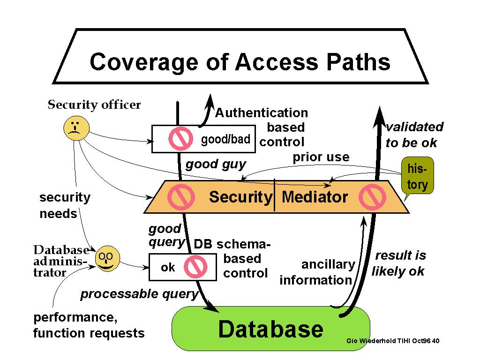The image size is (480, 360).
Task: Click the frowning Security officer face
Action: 76,128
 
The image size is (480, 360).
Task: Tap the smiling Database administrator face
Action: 107,259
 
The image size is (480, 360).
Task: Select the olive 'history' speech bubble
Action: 417,176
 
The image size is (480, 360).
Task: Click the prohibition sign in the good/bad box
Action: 180,139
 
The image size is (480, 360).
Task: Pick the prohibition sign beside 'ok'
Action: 195,267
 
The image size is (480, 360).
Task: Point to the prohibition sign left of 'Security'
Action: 181,197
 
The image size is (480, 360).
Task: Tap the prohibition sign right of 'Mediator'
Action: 372,197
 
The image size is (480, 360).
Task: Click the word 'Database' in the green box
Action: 270,329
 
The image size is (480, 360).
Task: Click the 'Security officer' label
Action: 94,105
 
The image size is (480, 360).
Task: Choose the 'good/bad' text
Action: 225,139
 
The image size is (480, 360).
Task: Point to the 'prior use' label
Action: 321,157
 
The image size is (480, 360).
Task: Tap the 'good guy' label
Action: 216,165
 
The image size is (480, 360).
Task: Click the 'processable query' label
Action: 140,294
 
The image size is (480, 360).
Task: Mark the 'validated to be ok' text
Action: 414,135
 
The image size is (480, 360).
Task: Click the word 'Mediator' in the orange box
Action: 315,197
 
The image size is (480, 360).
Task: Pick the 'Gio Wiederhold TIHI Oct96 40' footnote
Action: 393,341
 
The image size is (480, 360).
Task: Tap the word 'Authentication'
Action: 262,113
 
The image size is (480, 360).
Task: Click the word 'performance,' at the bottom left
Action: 75,317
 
